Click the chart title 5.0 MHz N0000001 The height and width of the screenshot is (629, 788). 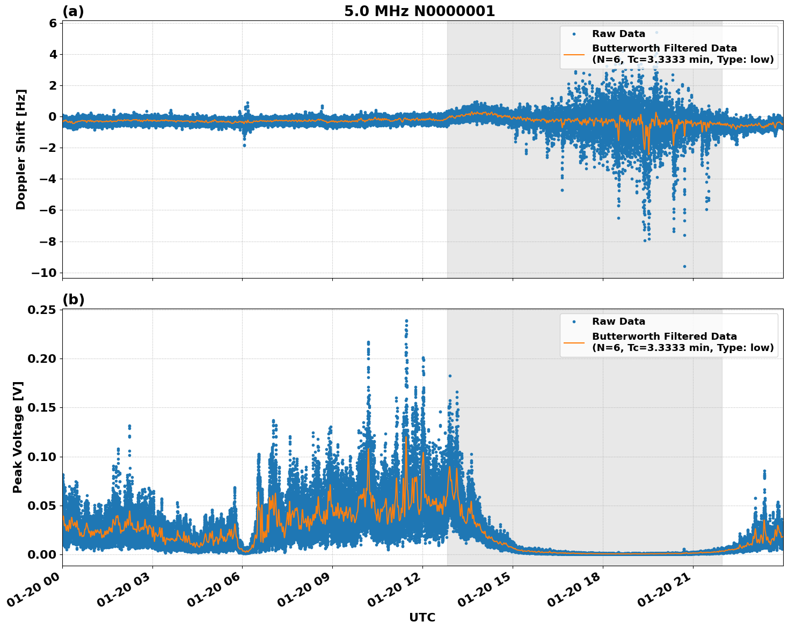click(419, 11)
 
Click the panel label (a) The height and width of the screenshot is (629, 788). click(73, 11)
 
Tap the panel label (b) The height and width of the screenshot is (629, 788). click(73, 299)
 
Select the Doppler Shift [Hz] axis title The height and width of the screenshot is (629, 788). click(21, 149)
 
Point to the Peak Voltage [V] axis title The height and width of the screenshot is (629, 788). click(18, 437)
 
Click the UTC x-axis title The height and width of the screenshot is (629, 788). click(422, 617)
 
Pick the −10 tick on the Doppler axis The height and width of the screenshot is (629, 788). click(44, 273)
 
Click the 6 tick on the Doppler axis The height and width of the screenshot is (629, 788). click(53, 23)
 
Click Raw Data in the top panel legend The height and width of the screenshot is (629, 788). click(618, 34)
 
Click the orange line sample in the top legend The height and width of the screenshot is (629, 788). click(574, 54)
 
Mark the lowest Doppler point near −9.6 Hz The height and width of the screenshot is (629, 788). click(684, 266)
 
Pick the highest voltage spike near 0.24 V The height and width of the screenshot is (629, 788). click(406, 321)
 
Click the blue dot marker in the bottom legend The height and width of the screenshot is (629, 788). click(574, 321)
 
